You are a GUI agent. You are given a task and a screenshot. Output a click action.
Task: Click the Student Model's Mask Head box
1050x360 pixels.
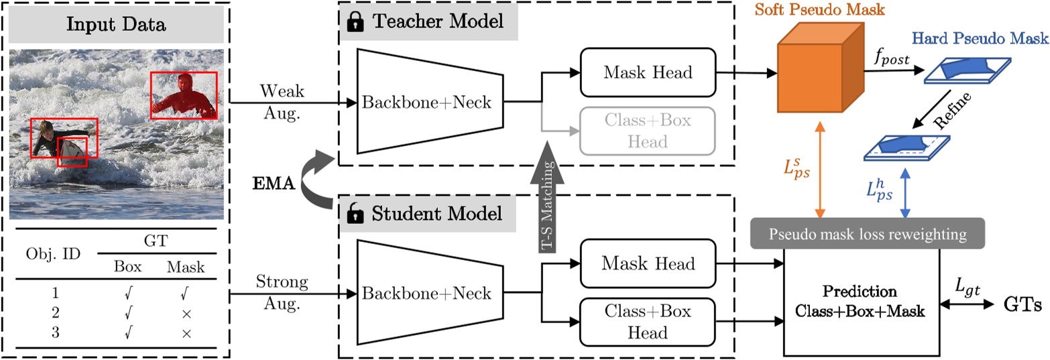648,265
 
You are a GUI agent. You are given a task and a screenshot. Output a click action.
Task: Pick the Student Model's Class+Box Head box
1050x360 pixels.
648,322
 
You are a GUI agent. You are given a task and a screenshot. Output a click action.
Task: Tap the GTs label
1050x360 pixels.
1023,303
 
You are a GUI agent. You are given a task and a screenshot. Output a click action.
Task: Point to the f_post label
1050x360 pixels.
890,58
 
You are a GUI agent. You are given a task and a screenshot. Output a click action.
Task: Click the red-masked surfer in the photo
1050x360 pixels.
182,96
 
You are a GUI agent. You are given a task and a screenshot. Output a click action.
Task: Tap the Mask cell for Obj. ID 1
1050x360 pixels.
186,293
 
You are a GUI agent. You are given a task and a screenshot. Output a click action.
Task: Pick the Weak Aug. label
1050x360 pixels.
280,101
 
